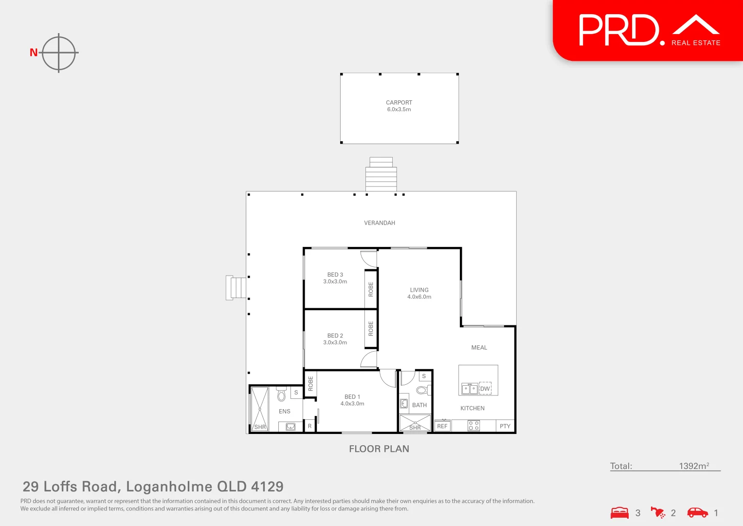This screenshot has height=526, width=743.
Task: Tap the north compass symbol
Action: [x=58, y=53]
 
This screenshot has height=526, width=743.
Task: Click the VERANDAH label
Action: [x=380, y=223]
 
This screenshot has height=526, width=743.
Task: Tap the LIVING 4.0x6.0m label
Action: [x=419, y=293]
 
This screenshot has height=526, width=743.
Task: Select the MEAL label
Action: [x=479, y=348]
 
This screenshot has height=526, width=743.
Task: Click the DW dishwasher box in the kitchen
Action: [x=485, y=388]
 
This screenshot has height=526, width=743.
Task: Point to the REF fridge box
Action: [x=442, y=426]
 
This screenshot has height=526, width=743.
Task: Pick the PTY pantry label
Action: [x=505, y=426]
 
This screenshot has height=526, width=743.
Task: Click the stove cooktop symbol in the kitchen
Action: [x=473, y=426]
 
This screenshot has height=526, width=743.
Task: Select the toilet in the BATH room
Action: [x=422, y=390]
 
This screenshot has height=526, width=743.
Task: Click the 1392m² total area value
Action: [x=694, y=466]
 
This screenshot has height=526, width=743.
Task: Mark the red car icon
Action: [x=697, y=512]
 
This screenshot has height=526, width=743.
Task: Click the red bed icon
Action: [x=619, y=513]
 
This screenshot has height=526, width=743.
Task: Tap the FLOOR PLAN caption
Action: [x=379, y=449]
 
